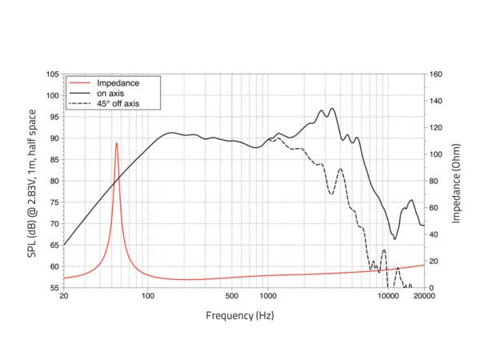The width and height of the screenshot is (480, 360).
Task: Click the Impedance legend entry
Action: click(x=118, y=82)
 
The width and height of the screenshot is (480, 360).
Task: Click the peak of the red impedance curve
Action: click(x=117, y=143)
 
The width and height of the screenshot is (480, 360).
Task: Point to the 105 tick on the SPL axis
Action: click(x=52, y=74)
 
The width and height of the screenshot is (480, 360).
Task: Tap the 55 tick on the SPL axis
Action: click(x=54, y=287)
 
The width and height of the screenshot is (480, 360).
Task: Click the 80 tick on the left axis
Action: click(x=54, y=181)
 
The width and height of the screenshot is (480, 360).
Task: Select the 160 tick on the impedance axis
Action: click(x=436, y=74)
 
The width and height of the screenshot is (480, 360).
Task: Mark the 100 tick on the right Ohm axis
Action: click(x=436, y=154)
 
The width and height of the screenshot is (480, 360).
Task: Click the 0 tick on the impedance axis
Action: click(x=431, y=287)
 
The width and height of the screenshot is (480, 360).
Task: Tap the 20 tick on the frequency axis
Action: click(x=64, y=296)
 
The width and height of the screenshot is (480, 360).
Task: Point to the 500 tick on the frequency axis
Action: click(x=232, y=296)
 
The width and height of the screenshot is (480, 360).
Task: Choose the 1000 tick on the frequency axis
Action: click(x=267, y=296)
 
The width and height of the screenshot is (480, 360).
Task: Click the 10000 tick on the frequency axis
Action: click(x=388, y=296)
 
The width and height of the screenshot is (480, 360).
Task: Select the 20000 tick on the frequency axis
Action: click(x=424, y=296)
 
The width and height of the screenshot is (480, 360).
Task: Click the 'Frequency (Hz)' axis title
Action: click(x=240, y=315)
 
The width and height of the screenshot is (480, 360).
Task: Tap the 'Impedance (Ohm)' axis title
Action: click(x=457, y=181)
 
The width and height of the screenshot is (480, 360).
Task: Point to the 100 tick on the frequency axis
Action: click(x=148, y=296)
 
